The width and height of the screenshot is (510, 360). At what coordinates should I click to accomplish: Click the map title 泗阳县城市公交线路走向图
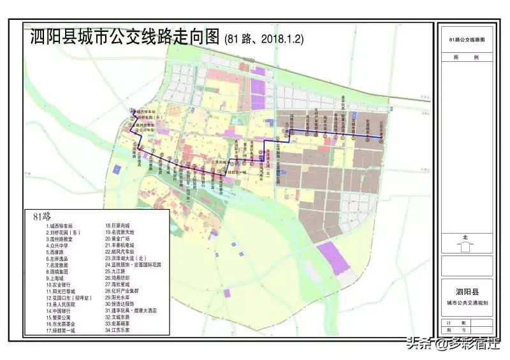[x=125, y=37]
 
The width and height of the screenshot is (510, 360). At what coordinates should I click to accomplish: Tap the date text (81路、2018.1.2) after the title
[x=264, y=38]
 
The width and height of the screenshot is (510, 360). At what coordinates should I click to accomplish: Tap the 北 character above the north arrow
[x=465, y=237]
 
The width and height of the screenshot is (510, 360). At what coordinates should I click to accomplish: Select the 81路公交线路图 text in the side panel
[x=465, y=40]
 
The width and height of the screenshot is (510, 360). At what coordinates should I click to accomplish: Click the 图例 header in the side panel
[x=465, y=57]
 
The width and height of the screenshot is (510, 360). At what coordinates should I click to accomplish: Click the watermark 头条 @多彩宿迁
[x=459, y=345]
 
